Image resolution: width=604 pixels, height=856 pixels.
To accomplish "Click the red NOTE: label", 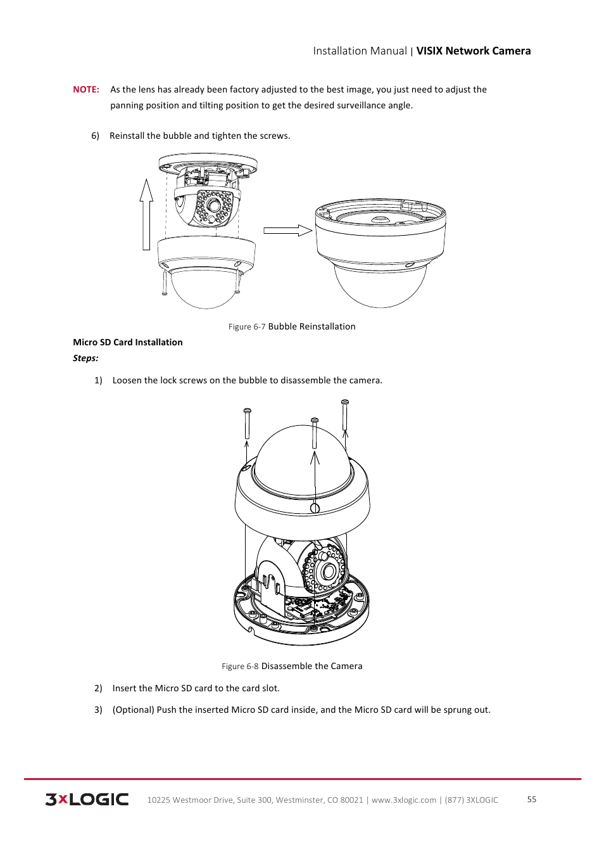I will (x=86, y=89).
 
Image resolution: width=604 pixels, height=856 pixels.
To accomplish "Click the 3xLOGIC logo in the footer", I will (x=87, y=800).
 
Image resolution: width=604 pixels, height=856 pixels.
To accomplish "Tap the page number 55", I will (x=532, y=800).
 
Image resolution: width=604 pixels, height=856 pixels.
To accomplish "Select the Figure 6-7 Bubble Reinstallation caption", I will (x=292, y=326).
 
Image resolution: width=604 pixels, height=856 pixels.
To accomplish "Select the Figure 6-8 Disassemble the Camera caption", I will (x=292, y=666).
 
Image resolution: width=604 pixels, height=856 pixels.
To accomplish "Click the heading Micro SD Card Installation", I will (x=127, y=342).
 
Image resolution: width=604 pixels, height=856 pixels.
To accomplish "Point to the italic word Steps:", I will (x=85, y=358).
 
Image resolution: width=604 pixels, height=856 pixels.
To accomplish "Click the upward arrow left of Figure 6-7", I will (x=147, y=215).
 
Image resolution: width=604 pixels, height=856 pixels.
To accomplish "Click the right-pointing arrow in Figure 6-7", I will (x=287, y=231).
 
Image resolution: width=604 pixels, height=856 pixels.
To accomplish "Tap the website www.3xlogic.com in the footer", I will (x=404, y=800).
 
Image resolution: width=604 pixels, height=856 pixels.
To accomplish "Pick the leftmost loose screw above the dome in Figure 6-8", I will (x=247, y=423).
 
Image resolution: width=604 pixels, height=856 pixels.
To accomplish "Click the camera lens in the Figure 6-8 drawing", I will (x=328, y=572).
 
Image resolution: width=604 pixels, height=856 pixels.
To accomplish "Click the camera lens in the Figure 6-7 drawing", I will (x=215, y=205).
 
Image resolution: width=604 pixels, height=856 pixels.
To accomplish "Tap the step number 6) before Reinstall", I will (x=95, y=136).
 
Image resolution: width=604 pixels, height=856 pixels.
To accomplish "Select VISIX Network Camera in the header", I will (x=473, y=51).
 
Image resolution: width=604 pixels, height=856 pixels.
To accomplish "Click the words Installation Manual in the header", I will (x=360, y=51).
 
